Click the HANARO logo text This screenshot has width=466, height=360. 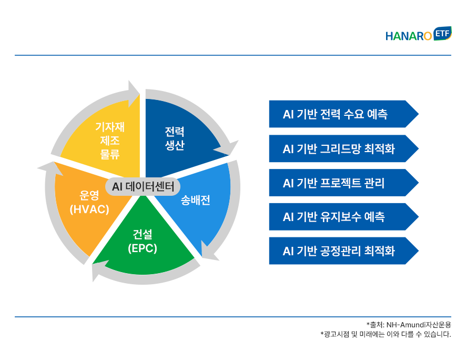pyautogui.click(x=408, y=36)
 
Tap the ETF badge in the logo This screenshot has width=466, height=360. pyautogui.click(x=442, y=33)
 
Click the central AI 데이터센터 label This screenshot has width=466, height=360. pyautogui.click(x=143, y=187)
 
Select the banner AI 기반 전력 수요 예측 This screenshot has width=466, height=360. pyautogui.click(x=343, y=114)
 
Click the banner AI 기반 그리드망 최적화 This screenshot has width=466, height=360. pyautogui.click(x=343, y=148)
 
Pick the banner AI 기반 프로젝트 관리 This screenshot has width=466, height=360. pyautogui.click(x=343, y=183)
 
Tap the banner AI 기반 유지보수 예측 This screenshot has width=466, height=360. pyautogui.click(x=343, y=217)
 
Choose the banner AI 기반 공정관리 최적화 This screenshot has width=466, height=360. pyautogui.click(x=343, y=251)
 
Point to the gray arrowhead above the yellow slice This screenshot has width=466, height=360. pyautogui.click(x=133, y=93)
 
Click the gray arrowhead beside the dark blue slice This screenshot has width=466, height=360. pyautogui.click(x=228, y=148)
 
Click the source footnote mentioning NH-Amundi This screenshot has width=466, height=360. pyautogui.click(x=409, y=325)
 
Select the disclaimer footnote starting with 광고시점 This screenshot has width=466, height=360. pyautogui.click(x=386, y=334)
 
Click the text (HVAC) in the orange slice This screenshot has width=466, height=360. pyautogui.click(x=89, y=209)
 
